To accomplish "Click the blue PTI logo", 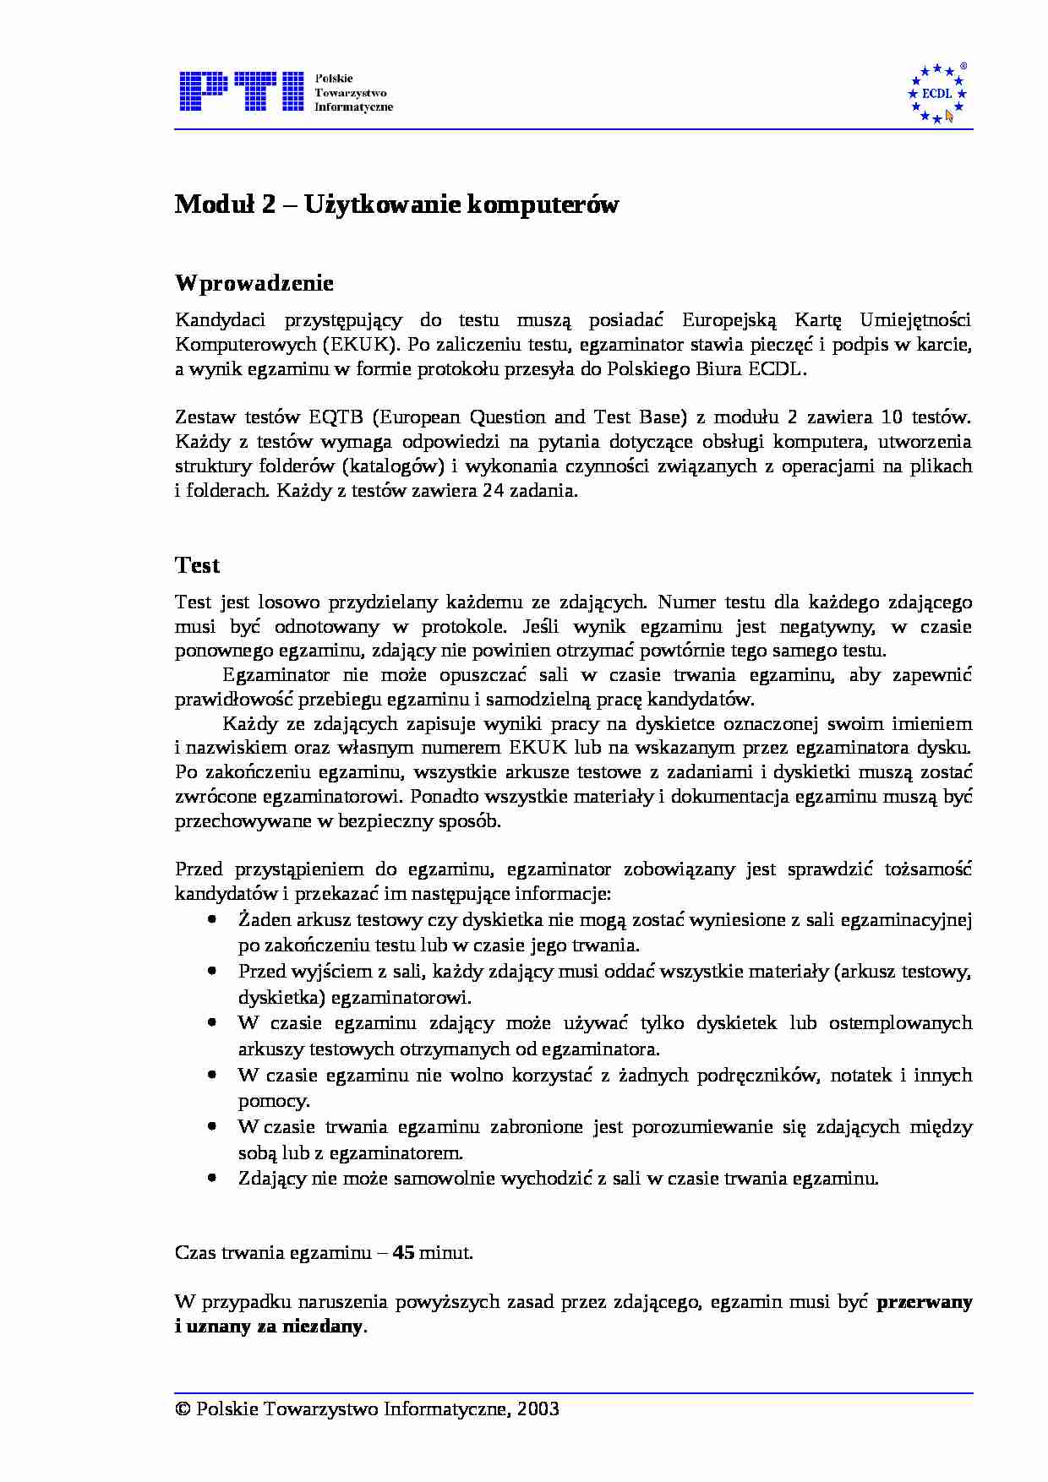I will tap(241, 91).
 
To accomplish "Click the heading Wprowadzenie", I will tap(254, 283).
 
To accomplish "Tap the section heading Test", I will tap(197, 565).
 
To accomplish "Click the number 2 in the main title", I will tap(268, 204).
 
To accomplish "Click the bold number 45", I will tap(403, 1252).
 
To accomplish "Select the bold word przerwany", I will tap(924, 1302).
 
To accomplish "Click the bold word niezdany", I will tap(327, 1327).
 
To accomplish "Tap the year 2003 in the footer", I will tap(538, 1408).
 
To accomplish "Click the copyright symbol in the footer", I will tap(183, 1408).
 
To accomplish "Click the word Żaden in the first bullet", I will tap(264, 920).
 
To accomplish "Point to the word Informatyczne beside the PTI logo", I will tap(353, 107).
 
